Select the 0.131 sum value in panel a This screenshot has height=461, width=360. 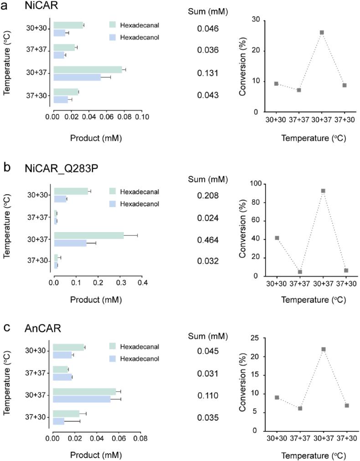(208, 73)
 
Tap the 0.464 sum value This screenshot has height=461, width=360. (208, 240)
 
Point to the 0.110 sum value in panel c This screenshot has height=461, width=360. (208, 396)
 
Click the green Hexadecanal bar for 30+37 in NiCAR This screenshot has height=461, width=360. (87, 70)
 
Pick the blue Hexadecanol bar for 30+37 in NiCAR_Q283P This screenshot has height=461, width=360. (70, 243)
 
